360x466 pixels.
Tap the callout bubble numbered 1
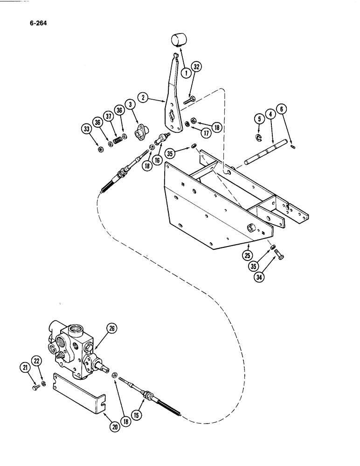[x=186, y=72]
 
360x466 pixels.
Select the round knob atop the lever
[x=178, y=39]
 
